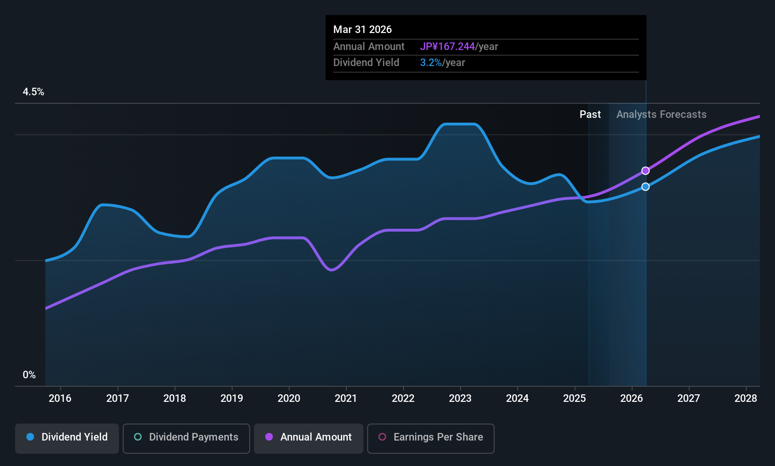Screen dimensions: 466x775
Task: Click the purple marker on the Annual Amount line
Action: tap(645, 171)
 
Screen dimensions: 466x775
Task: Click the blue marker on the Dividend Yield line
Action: tap(645, 187)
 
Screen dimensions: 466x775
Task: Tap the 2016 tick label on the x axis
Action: tap(60, 399)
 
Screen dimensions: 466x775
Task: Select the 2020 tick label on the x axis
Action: tap(289, 399)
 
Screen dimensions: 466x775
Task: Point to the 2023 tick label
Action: tap(460, 399)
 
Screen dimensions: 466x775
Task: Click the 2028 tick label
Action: tap(746, 399)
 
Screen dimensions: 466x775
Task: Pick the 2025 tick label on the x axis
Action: tap(574, 399)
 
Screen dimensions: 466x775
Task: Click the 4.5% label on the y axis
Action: tap(34, 92)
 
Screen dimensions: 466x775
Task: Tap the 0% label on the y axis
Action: tap(29, 375)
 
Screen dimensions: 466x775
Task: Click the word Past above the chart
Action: tap(590, 115)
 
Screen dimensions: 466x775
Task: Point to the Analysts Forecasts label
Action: tap(661, 115)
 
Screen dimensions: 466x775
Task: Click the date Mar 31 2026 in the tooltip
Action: tap(362, 30)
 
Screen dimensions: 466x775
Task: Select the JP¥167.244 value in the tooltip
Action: tap(447, 47)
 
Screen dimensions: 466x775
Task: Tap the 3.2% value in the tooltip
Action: tap(431, 63)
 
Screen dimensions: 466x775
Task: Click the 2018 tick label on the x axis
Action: tap(175, 399)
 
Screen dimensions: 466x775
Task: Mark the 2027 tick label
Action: tap(689, 399)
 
